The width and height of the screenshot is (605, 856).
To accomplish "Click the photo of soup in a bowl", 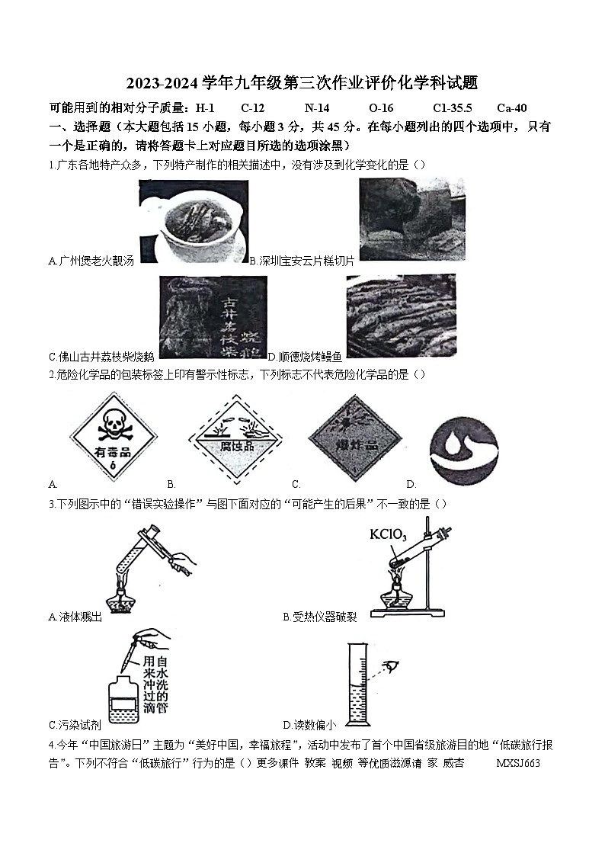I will [x=193, y=220].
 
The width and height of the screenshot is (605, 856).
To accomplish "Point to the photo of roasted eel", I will [x=401, y=316].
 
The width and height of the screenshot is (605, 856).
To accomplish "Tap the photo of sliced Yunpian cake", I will [x=411, y=219].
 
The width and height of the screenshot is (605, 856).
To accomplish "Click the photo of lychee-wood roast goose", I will [x=213, y=316].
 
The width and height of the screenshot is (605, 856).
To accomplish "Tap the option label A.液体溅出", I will [x=75, y=617].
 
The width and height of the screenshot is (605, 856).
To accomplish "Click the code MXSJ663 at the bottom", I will [x=517, y=763].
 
